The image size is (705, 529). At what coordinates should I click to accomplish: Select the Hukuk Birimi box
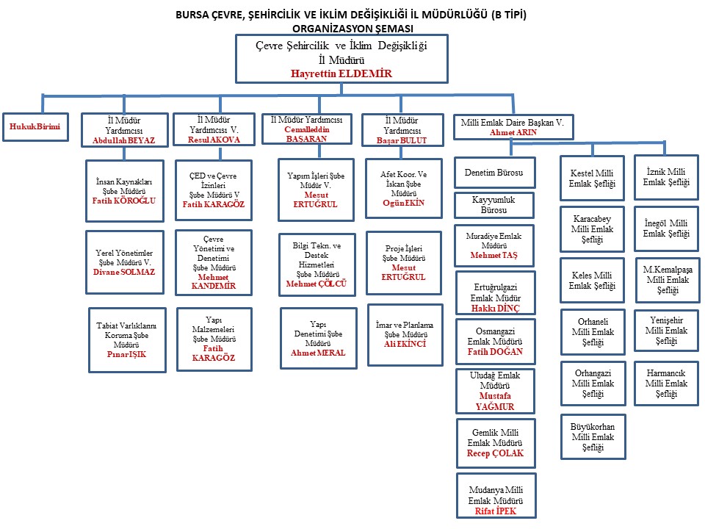pos(35,127)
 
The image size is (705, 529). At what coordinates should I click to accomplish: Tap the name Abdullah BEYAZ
pos(123,140)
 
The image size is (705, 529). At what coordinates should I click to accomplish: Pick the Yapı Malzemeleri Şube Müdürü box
pos(214,338)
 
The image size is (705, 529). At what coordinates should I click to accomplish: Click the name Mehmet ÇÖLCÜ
pos(316,284)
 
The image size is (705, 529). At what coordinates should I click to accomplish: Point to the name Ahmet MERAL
pos(317,353)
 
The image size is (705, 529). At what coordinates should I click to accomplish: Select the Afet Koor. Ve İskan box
pos(403,188)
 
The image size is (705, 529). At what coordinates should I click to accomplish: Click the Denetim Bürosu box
pos(494,173)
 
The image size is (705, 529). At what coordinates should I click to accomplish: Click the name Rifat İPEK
pos(495,511)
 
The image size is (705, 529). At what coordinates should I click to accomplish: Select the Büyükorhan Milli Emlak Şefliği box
pos(592,436)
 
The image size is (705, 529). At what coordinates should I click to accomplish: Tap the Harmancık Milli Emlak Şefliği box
pos(667,383)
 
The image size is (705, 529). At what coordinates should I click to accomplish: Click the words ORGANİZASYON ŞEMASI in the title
pos(352,28)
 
